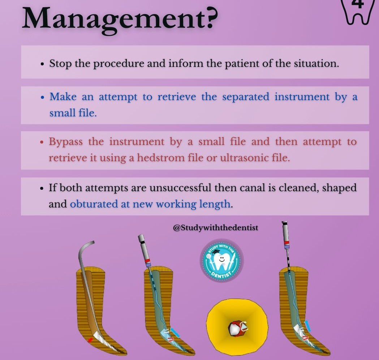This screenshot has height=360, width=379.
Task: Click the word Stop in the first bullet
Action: point(60,64)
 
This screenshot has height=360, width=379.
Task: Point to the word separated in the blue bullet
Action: point(246,97)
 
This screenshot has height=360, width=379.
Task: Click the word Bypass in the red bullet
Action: point(66,142)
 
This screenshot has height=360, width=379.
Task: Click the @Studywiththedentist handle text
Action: point(216,228)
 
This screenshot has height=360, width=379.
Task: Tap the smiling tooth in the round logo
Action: point(221,261)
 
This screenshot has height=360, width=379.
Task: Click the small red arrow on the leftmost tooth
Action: point(90,340)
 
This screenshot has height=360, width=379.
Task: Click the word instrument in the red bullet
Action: point(137,142)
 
